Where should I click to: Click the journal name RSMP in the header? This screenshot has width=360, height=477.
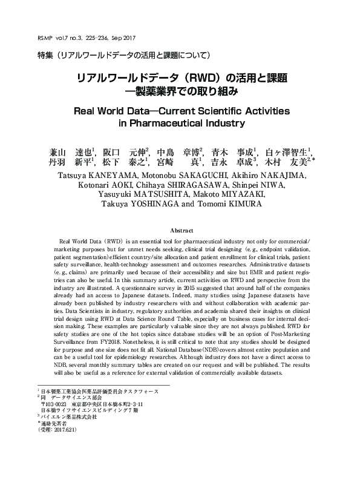(x=46, y=38)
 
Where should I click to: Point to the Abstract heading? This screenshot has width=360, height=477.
(x=180, y=231)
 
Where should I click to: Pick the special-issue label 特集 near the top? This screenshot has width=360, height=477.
(x=45, y=56)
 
